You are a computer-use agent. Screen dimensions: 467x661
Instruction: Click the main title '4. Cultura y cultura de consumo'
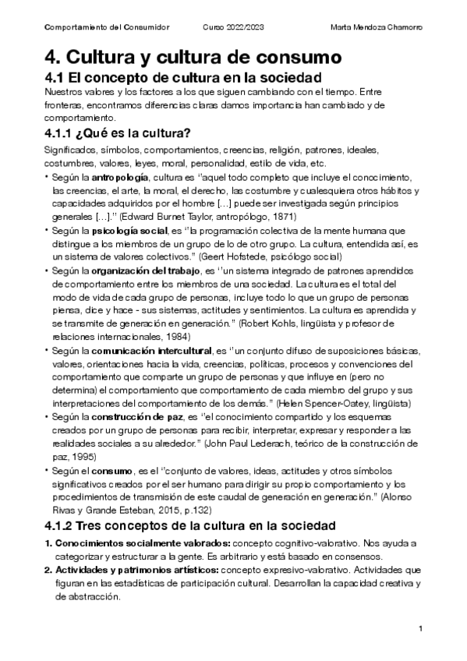(x=193, y=57)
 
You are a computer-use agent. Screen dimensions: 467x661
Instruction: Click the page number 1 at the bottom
(x=420, y=628)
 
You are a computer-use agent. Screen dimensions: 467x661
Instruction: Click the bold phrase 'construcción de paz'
(x=133, y=418)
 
